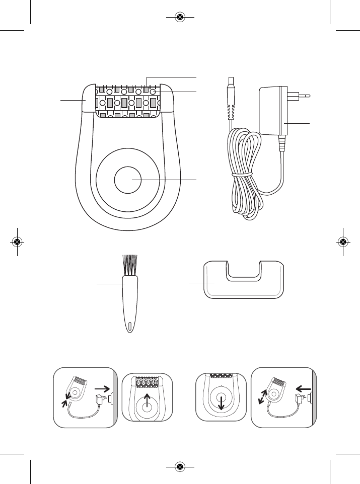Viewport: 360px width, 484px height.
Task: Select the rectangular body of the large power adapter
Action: tap(274, 112)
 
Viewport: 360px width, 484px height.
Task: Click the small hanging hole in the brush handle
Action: tap(129, 326)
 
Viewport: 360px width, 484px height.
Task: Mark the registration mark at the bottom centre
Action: tap(180, 467)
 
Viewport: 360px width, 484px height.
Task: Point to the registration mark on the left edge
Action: tap(17, 242)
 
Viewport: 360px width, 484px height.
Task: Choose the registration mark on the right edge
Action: tap(343, 242)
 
